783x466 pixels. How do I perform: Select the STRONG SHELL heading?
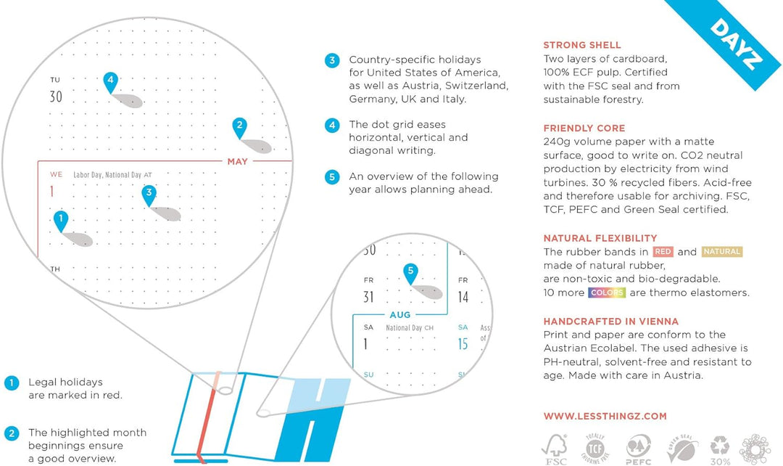pos(582,45)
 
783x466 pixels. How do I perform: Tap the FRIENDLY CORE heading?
pos(584,128)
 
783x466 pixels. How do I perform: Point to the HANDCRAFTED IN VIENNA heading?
pos(610,322)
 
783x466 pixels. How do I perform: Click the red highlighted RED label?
pos(663,252)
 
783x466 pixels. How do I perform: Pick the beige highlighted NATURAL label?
pos(722,252)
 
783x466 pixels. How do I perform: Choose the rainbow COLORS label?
pos(607,293)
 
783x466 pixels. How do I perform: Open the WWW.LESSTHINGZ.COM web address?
pos(605,417)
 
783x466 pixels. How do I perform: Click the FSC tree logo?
pos(555,449)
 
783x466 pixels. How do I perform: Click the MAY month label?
pos(238,161)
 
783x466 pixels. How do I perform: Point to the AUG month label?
pos(400,315)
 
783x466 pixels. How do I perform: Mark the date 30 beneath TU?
pos(56,97)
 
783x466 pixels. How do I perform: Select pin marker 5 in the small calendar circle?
pos(410,273)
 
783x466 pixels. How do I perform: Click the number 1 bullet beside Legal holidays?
pos(12,383)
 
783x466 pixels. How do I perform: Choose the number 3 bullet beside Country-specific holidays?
pos(332,60)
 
